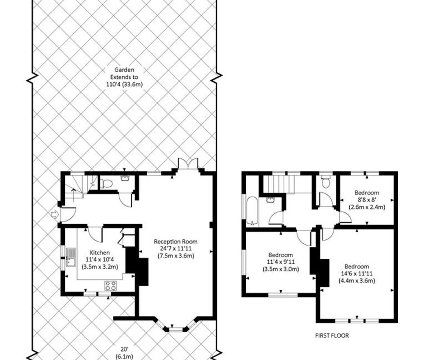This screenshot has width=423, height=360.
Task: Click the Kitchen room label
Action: (100, 252)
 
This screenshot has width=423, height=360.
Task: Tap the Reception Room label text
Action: (175, 242)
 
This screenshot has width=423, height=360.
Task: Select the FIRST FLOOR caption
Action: (332, 335)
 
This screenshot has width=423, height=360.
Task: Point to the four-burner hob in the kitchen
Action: (111, 286)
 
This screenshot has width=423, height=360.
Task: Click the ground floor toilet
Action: (106, 184)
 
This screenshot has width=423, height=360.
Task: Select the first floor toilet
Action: (326, 182)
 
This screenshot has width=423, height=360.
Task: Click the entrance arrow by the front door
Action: (54, 215)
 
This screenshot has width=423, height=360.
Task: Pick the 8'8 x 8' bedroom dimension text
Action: (367, 200)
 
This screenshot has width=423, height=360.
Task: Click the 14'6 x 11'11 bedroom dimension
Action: (357, 273)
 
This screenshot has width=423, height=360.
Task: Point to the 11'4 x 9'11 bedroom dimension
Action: (280, 262)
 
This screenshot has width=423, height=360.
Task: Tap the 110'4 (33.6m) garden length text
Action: (124, 84)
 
